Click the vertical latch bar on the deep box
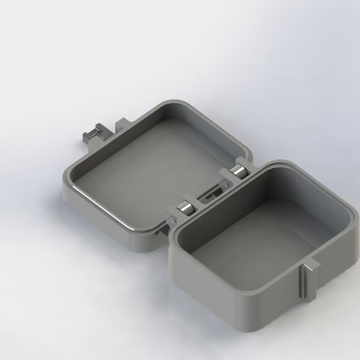[306, 283]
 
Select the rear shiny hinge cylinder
[237, 175]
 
